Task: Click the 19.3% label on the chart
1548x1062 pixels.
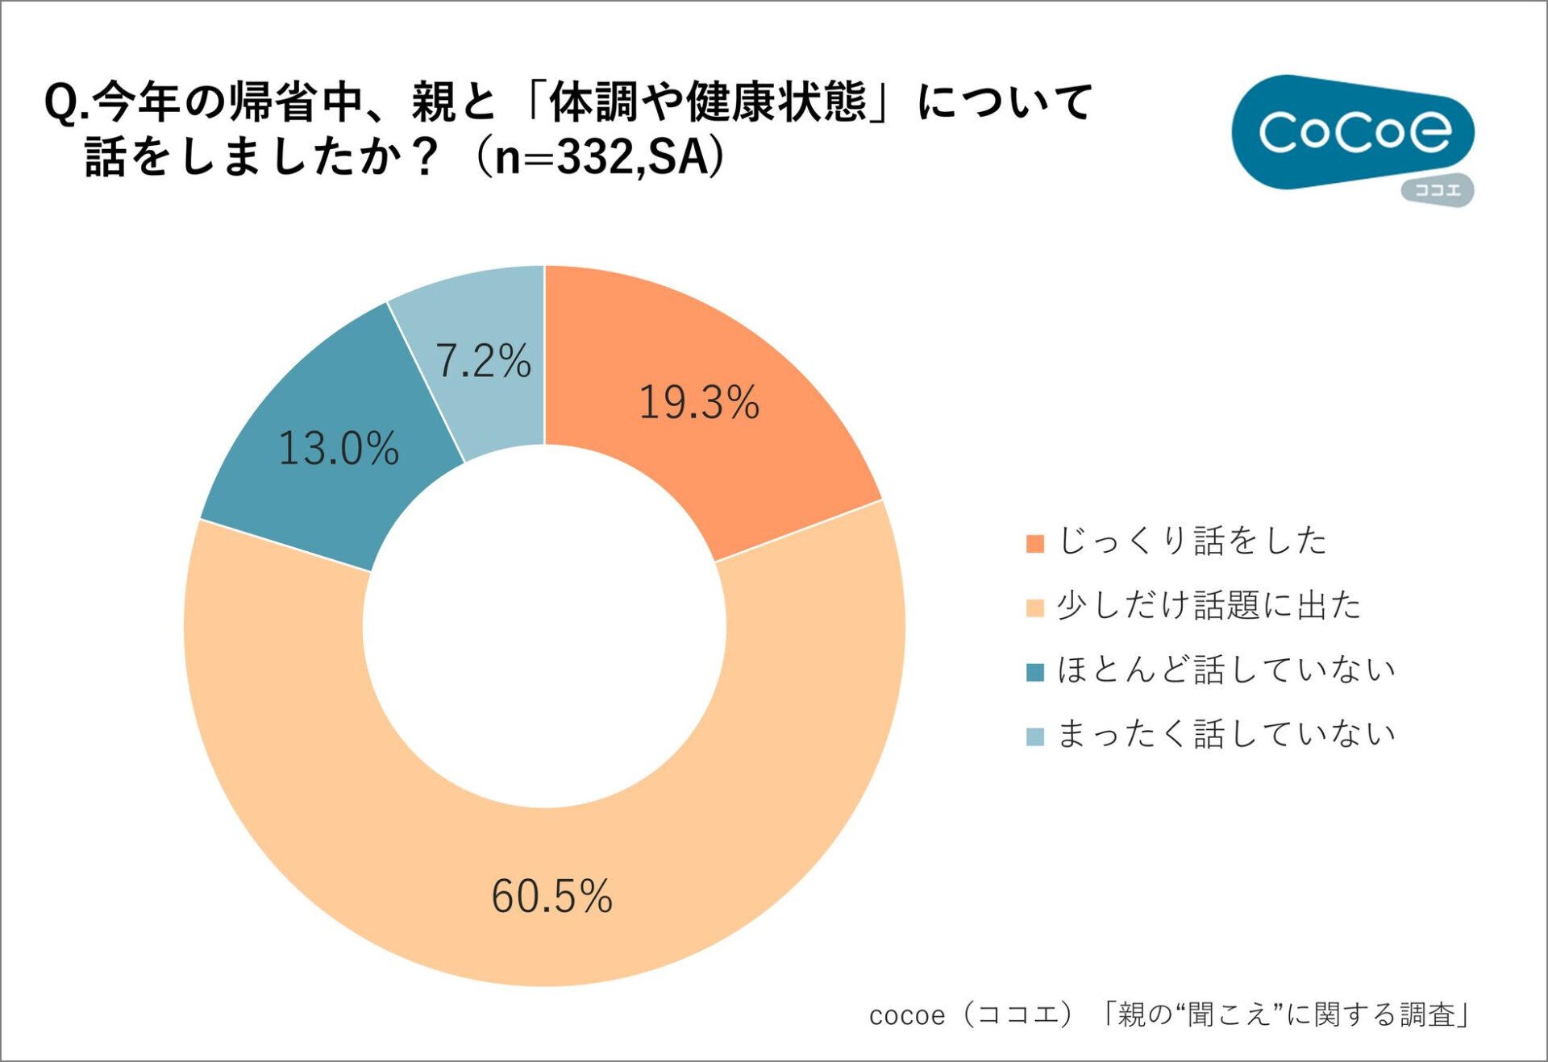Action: coord(698,402)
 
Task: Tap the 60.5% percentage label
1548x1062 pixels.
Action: coord(551,896)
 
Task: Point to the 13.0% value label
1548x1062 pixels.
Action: coord(339,449)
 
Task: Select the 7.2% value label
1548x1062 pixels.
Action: coord(483,360)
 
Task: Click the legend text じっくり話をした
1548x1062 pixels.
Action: coord(1192,541)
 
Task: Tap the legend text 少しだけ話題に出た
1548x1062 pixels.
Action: coord(1208,605)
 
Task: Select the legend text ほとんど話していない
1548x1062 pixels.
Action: coord(1225,670)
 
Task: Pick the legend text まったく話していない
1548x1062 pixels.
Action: coord(1225,734)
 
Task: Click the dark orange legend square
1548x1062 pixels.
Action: coord(1035,543)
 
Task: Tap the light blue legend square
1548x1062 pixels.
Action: coord(1035,736)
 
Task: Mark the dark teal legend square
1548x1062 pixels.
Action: coord(1035,672)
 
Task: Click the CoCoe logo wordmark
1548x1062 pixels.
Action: coord(1354,132)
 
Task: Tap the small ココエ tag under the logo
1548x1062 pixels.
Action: coord(1438,191)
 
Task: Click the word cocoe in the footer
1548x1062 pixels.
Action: coord(906,1015)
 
